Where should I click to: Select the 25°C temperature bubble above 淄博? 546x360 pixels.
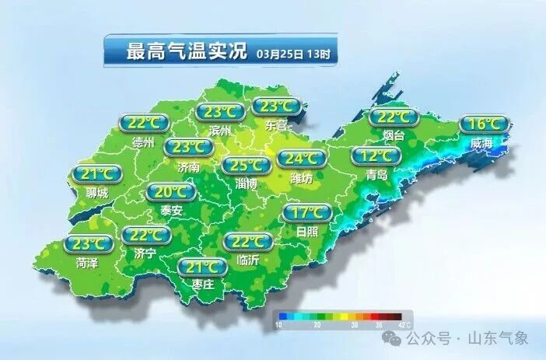point(247,165)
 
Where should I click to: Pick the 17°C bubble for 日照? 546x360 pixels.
point(306,213)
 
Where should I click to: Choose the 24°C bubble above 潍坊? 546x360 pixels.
point(301,159)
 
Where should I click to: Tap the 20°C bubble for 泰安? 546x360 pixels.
point(171,192)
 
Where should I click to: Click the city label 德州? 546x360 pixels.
point(144,142)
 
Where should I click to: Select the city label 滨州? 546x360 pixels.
point(220,131)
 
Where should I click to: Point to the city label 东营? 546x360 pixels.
point(276,124)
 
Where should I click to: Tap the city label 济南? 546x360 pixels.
point(188,166)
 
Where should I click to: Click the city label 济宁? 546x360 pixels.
point(145,253)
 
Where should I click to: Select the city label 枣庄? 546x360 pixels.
point(202,285)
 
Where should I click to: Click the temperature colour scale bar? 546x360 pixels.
point(342,316)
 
